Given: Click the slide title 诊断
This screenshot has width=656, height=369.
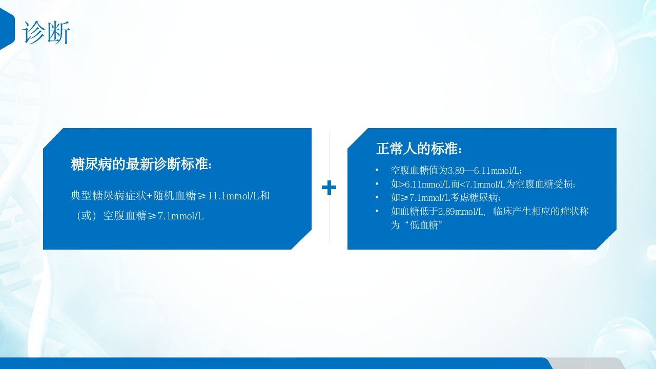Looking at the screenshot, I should [x=46, y=33].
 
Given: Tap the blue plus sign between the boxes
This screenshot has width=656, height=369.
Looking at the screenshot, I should [x=329, y=188].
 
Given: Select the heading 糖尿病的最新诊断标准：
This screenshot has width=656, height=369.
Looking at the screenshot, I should [x=141, y=165].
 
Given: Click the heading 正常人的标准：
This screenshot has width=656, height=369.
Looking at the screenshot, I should [x=419, y=149].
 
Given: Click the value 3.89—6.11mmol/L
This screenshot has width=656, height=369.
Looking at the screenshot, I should [x=485, y=171].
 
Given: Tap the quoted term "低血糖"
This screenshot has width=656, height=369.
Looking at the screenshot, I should [x=423, y=225].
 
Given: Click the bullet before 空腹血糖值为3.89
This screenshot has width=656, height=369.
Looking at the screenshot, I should [x=377, y=170].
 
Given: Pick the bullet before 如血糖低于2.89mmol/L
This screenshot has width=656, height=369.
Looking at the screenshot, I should [x=377, y=211].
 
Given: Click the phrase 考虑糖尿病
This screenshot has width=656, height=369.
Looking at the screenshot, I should [x=475, y=197].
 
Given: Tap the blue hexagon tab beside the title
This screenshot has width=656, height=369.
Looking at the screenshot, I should [x=7, y=29].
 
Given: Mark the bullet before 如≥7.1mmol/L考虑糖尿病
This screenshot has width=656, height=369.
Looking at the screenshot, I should [x=377, y=197].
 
